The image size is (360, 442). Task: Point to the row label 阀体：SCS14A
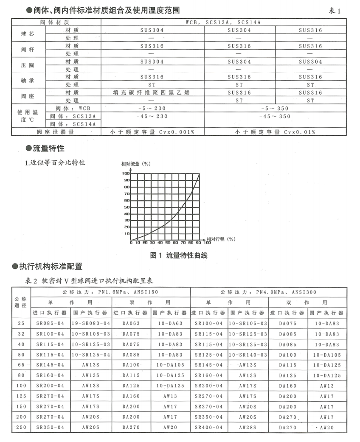click(x=73, y=124)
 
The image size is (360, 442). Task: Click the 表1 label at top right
click(x=335, y=11)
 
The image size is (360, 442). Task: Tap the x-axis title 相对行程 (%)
click(x=221, y=239)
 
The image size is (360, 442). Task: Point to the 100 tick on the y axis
click(x=126, y=173)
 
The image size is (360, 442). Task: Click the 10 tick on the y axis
click(x=127, y=234)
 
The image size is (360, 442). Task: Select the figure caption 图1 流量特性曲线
click(x=179, y=255)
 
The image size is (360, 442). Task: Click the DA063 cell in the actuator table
click(x=131, y=323)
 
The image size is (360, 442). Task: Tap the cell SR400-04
click(x=209, y=427)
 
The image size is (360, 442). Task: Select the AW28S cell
click(x=248, y=427)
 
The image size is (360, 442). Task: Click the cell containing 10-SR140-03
click(x=248, y=354)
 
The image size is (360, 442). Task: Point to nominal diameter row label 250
click(x=20, y=427)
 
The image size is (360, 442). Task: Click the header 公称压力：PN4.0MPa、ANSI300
click(x=268, y=292)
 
